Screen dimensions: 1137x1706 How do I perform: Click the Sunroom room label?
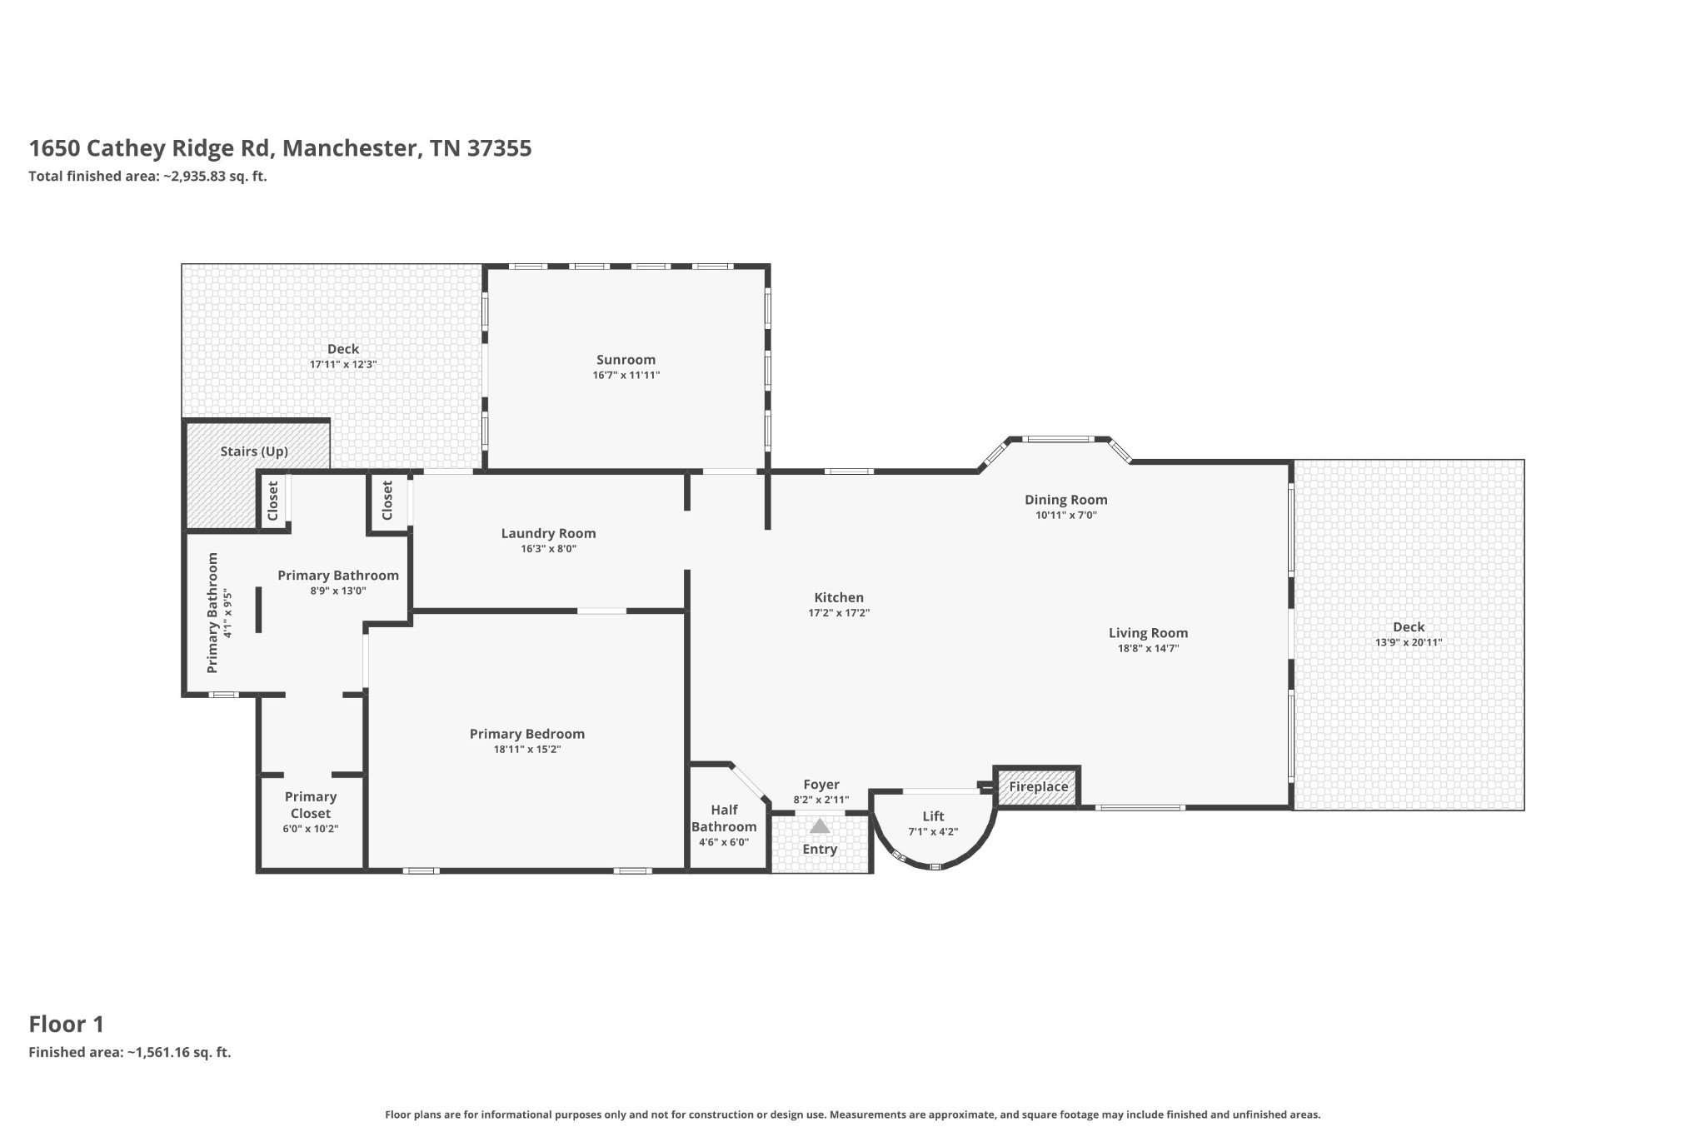point(626,360)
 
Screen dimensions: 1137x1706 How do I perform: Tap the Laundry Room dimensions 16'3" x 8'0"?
point(548,549)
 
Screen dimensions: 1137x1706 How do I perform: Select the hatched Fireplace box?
point(1038,786)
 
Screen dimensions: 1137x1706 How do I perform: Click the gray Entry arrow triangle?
point(820,826)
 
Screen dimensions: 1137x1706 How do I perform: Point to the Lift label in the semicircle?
point(933,816)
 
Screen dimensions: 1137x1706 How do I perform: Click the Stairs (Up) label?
point(254,451)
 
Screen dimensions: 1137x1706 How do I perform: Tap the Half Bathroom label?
point(724,818)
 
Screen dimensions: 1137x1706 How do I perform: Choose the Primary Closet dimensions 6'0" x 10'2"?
point(310,829)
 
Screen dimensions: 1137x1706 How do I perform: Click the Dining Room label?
point(1065,500)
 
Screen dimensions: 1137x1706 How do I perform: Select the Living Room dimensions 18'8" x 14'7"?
point(1148,648)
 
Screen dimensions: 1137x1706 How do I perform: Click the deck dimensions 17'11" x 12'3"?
point(343,365)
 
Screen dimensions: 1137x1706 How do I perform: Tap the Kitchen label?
point(838,597)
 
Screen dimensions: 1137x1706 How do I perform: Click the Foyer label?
point(821,785)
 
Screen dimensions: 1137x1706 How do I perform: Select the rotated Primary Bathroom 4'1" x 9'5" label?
point(219,613)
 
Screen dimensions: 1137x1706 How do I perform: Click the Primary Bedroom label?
point(526,734)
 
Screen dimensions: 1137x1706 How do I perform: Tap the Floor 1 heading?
point(66,1024)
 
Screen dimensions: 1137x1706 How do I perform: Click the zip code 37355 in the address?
point(499,148)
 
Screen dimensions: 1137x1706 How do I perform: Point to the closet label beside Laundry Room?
point(387,501)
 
